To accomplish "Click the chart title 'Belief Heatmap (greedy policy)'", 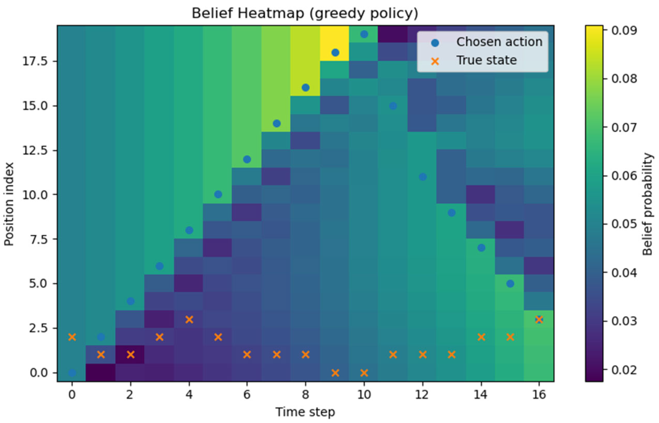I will (305, 13).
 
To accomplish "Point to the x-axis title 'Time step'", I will (305, 412).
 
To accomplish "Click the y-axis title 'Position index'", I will (9, 204).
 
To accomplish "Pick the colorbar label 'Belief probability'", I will (647, 204).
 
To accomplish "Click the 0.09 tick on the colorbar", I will (624, 31).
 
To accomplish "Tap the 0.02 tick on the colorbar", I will (624, 370).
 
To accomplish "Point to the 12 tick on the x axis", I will (422, 395).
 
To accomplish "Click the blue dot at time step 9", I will (335, 53).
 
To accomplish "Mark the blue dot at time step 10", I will (364, 34).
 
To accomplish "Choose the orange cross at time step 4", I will (189, 320).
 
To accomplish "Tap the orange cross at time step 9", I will (335, 373).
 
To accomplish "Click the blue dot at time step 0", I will (72, 373).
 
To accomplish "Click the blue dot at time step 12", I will (423, 177).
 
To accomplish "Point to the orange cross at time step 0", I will (72, 337).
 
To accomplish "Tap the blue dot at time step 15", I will (510, 283).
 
